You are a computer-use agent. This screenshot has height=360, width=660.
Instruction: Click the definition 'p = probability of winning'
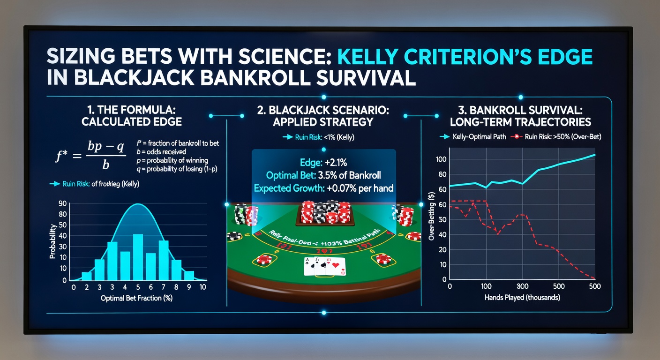click(172, 161)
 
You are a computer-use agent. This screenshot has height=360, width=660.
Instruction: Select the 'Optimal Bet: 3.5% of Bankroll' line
click(323, 175)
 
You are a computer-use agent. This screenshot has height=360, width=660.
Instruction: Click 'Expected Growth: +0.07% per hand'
click(323, 188)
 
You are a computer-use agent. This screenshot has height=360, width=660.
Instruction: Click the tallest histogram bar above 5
click(138, 257)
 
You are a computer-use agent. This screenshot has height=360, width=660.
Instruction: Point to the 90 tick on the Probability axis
click(62, 203)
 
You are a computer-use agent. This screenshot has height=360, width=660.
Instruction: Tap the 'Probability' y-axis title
click(53, 241)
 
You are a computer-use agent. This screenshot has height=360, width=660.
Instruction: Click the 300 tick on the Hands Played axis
click(522, 286)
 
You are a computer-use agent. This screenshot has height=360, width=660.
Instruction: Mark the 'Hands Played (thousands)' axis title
click(522, 298)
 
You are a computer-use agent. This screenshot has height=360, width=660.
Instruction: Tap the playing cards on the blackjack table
click(324, 266)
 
